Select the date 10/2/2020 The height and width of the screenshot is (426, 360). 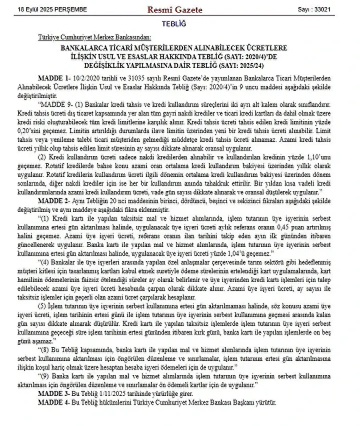click(86, 79)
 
